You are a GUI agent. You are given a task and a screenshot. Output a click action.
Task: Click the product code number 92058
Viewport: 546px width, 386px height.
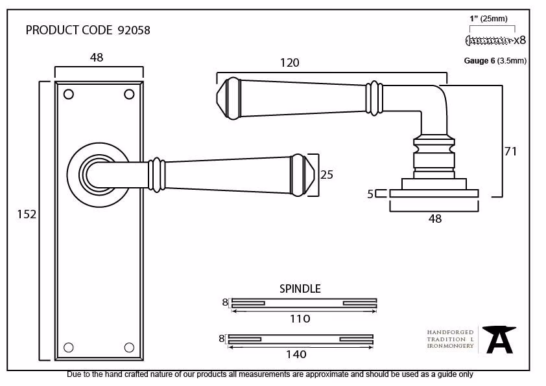point(134,30)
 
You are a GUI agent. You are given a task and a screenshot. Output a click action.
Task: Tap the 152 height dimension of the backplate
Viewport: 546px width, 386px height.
point(27,214)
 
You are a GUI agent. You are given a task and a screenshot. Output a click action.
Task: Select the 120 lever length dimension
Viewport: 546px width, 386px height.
point(290,63)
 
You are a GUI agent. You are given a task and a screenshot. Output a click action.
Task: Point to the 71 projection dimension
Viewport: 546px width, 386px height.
point(510,152)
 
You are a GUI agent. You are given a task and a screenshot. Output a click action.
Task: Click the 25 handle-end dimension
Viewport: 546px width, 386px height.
point(327,175)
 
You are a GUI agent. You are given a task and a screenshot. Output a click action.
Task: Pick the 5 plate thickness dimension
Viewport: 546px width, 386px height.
point(370,194)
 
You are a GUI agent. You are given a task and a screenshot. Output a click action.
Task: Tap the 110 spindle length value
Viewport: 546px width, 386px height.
point(300,319)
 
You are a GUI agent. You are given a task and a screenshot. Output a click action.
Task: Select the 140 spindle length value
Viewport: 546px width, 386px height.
point(296,354)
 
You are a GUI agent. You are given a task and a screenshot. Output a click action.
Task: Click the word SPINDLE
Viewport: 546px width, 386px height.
point(300,289)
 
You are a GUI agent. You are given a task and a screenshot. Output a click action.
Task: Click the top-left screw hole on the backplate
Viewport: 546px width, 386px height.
point(69,95)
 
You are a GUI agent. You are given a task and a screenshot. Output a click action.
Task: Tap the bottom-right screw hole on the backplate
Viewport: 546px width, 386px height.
point(129,347)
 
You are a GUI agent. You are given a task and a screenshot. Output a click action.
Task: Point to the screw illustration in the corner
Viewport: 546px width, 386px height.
point(489,40)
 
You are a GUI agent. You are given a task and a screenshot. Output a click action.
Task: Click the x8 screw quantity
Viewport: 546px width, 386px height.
point(520,40)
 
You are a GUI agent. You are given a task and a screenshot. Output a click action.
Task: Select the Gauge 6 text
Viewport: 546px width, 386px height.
point(479,61)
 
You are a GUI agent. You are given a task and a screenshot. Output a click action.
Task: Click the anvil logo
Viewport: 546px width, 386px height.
point(499,339)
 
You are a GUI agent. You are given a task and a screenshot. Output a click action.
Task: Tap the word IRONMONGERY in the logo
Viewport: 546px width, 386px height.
point(450,346)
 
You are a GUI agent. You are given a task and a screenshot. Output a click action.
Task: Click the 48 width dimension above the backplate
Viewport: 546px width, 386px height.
point(97,58)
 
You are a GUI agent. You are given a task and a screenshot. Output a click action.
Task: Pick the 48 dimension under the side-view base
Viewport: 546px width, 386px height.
point(435,219)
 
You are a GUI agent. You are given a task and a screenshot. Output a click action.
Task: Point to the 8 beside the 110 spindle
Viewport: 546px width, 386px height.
point(225,302)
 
